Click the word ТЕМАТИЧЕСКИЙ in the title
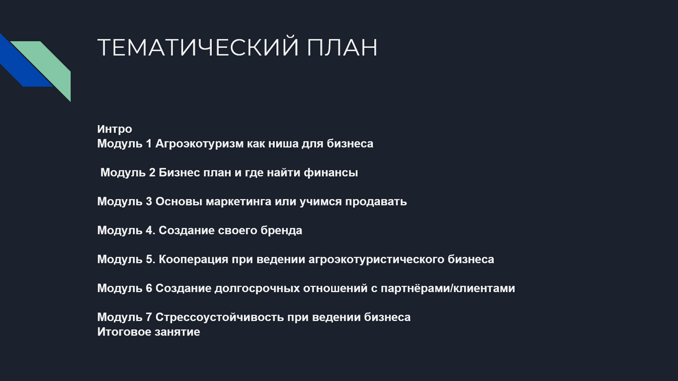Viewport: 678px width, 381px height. click(x=198, y=47)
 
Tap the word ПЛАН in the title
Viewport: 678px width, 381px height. click(x=342, y=47)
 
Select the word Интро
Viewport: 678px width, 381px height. click(x=114, y=129)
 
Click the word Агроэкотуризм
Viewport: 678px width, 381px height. click(x=199, y=144)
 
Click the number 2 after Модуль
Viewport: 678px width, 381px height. click(x=152, y=172)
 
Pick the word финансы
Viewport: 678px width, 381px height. click(x=331, y=172)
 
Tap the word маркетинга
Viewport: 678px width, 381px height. click(x=239, y=201)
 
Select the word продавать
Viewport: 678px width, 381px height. click(x=376, y=201)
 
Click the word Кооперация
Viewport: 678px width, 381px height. click(x=193, y=260)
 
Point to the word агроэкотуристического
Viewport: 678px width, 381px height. click(x=376, y=260)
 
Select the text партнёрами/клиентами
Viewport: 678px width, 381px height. click(x=448, y=289)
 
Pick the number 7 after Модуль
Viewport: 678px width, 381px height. click(x=149, y=317)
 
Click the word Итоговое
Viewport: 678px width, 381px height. click(x=124, y=332)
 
